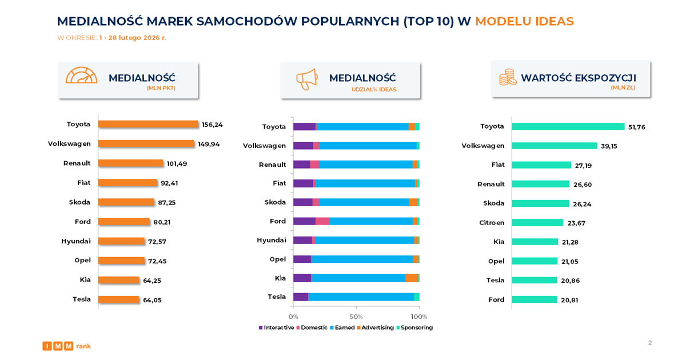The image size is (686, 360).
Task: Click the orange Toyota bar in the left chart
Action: [148, 124]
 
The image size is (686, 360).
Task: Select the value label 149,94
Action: [209, 144]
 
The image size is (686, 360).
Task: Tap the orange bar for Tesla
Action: [119, 299]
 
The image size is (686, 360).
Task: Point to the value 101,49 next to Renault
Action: [177, 163]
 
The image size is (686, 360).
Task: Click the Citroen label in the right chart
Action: [492, 222]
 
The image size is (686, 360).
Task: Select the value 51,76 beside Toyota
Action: [636, 127]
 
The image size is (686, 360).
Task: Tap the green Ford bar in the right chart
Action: [534, 299]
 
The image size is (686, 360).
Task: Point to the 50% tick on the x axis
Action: [356, 316]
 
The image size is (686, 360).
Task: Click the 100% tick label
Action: [419, 316]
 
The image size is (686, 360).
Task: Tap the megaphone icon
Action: [306, 79]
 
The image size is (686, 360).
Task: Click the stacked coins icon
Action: [507, 78]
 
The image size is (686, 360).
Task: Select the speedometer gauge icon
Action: [81, 77]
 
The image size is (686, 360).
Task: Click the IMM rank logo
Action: [66, 346]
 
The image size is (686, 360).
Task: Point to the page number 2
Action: [650, 343]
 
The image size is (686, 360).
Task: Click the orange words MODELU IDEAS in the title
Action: [524, 22]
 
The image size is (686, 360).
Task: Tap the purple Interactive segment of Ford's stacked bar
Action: [304, 221]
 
